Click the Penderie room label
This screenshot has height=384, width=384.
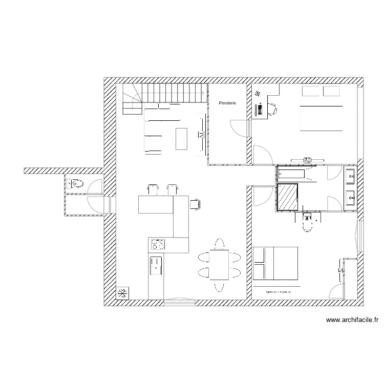click(227, 103)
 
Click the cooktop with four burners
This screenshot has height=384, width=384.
click(157, 245)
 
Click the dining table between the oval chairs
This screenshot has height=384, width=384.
click(219, 264)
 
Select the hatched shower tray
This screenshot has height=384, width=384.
click(287, 197)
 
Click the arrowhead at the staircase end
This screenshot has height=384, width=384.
click(205, 93)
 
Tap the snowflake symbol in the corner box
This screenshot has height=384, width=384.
click(123, 294)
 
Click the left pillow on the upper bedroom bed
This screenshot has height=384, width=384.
click(310, 91)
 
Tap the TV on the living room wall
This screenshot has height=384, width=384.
click(201, 135)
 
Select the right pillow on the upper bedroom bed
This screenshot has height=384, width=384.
click(332, 91)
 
